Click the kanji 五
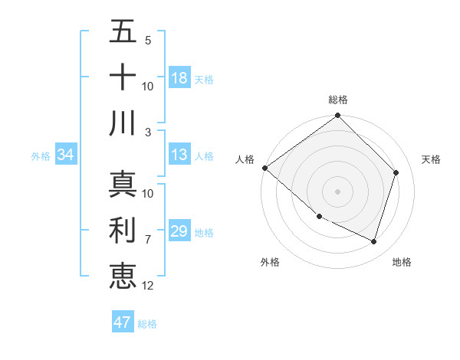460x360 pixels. point(123,32)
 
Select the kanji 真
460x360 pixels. point(123,184)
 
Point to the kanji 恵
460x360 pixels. point(123,274)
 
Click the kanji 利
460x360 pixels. point(123,230)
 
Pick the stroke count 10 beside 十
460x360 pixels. point(148,86)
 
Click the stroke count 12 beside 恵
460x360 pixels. point(148,286)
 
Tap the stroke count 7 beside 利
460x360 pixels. point(148,240)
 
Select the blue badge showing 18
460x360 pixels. point(179,77)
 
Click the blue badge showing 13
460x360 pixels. point(179,155)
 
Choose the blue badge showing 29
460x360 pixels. point(179,231)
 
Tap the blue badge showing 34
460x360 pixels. point(66,155)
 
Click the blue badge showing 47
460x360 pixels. point(123,322)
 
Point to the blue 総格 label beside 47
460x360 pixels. point(147,324)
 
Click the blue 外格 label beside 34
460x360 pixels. point(41,156)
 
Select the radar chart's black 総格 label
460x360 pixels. point(337,100)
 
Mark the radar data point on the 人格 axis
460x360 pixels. point(264,168)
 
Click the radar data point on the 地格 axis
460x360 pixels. point(373,241)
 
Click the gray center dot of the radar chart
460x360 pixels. point(337,191)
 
